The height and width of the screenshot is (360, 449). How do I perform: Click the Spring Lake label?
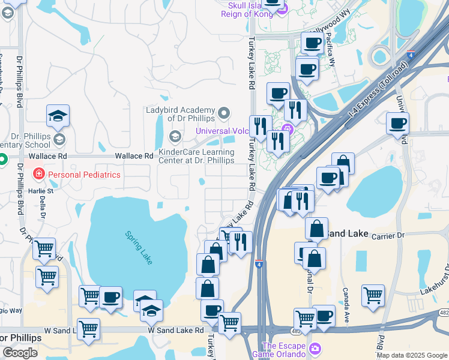coord(139,248)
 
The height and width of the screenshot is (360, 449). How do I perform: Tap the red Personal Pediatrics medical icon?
coord(39,174)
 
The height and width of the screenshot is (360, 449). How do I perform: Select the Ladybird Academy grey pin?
coord(224,112)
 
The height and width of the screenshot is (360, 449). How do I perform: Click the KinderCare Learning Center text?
coord(196,156)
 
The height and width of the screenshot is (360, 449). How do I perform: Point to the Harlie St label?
coord(43,191)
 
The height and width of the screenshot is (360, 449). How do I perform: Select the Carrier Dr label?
coord(388,236)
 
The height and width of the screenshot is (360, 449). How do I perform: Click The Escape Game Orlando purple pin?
coord(315,349)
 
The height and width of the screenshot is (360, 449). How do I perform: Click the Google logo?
coord(20,353)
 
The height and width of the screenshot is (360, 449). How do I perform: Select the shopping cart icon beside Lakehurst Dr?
coord(373,295)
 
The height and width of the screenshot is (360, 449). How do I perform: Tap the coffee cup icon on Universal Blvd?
coord(397,124)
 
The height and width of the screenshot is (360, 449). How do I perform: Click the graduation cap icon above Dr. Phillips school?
coord(58,115)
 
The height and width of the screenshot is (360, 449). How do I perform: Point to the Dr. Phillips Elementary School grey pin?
coord(59,140)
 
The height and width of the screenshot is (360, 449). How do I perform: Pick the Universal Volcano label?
coord(224,131)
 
